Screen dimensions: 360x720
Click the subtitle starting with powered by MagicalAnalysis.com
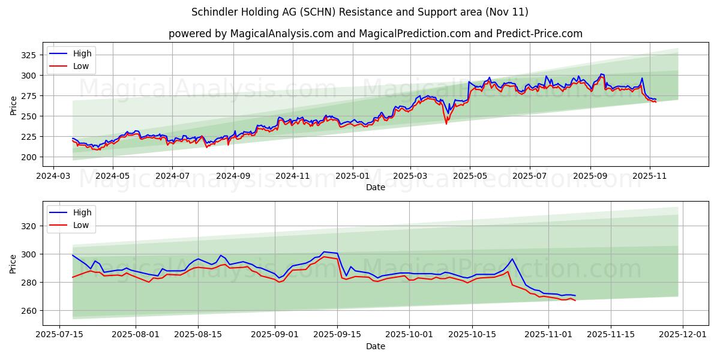click(375, 34)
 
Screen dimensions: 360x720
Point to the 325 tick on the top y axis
click(29, 55)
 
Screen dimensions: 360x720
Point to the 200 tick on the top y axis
click(29, 157)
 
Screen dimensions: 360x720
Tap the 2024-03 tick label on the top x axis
click(54, 176)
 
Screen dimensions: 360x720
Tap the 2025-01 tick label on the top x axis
click(352, 176)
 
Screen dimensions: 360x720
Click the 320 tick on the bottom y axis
click(29, 226)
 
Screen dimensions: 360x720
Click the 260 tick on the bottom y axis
click(29, 311)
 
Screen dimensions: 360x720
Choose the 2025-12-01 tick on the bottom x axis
click(684, 335)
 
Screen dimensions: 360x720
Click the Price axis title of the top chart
click(13, 105)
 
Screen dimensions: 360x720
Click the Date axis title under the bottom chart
click(375, 346)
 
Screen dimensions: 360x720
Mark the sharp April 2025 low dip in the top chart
click(446, 123)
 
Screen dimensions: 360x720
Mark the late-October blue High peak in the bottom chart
click(512, 259)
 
